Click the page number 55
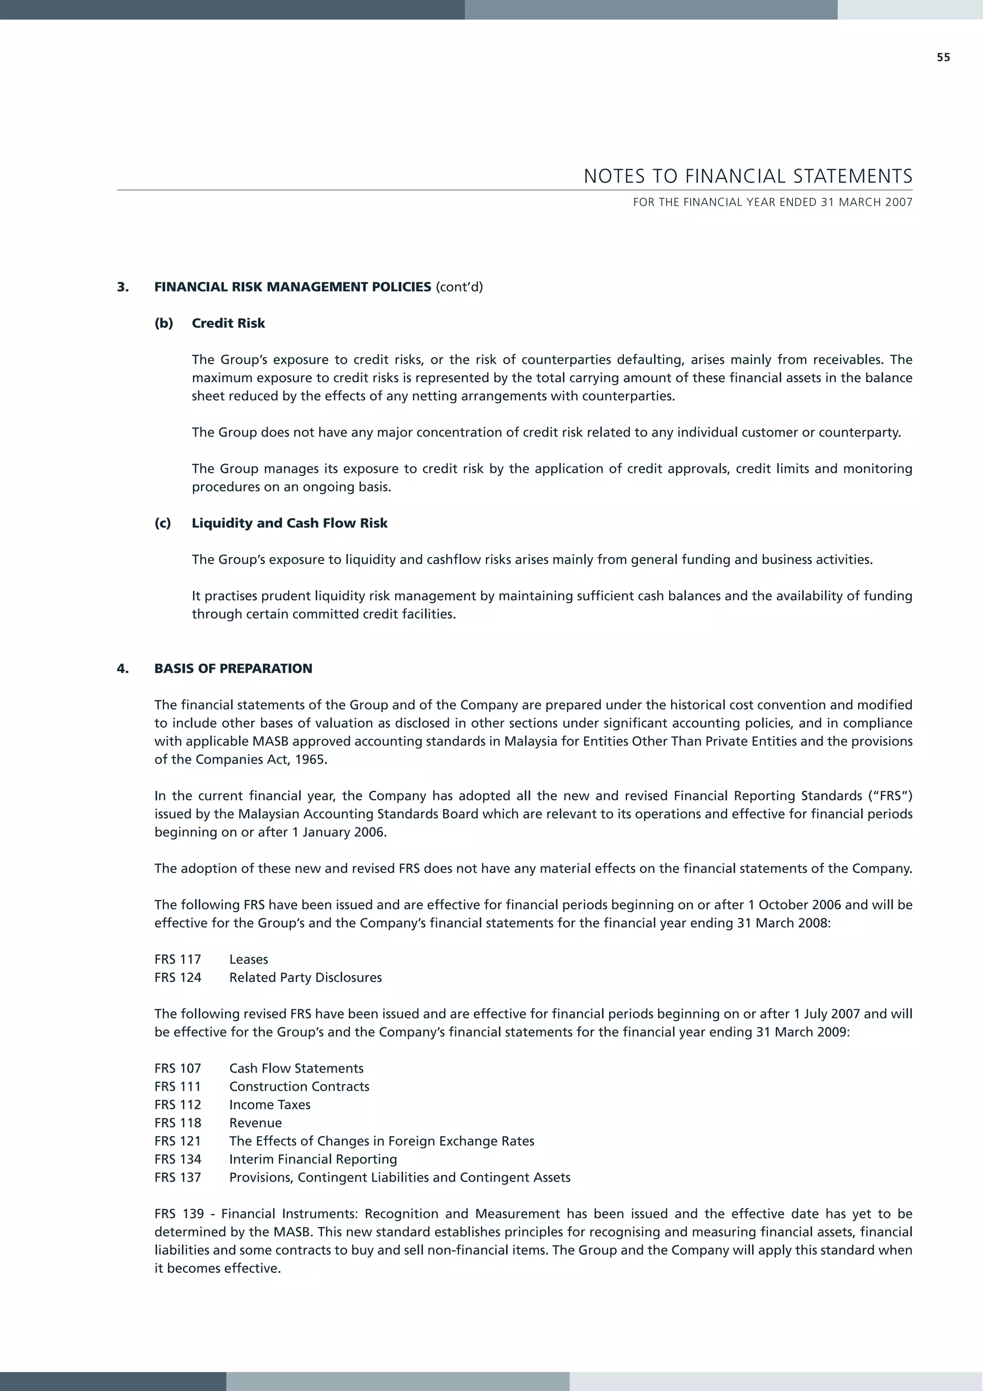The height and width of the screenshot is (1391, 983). click(943, 58)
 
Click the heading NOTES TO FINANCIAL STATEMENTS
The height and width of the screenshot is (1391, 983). click(747, 176)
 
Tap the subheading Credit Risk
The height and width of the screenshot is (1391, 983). click(228, 324)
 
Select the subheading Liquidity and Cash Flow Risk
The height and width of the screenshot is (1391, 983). click(289, 523)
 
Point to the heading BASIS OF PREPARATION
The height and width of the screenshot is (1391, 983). click(233, 669)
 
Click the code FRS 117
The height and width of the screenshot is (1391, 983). click(178, 960)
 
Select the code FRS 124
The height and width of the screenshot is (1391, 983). click(178, 978)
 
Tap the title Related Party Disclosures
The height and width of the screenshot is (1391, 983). click(305, 978)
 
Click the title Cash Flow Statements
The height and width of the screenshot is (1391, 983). click(296, 1069)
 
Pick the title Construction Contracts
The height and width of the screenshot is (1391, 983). click(299, 1087)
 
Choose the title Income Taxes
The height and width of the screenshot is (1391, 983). click(270, 1105)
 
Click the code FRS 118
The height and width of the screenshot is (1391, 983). click(178, 1123)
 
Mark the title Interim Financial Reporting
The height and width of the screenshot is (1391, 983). click(313, 1160)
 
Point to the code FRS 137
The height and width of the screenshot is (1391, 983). click(178, 1178)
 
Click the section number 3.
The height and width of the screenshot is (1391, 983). click(122, 287)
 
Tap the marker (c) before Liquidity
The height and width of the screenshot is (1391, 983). click(162, 523)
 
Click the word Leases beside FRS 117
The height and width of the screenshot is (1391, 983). click(248, 960)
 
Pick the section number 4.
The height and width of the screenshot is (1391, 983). click(122, 669)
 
